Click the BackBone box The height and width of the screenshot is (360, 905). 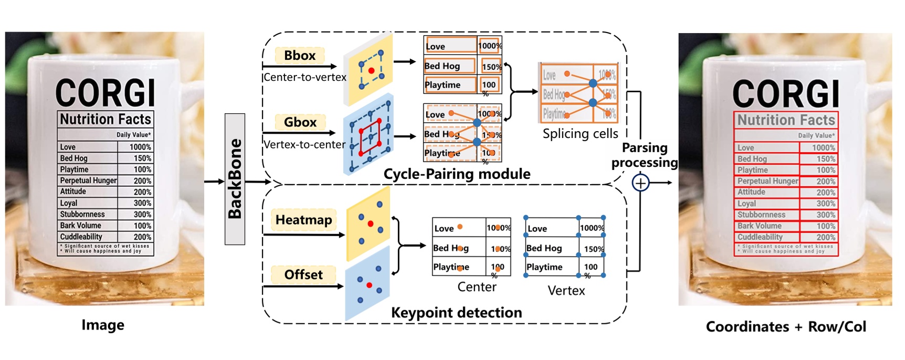pos(235,179)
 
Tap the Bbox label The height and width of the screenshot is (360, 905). pos(300,56)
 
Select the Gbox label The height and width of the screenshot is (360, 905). pos(300,122)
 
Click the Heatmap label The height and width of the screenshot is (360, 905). pos(303,220)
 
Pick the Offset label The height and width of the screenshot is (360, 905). pos(303,274)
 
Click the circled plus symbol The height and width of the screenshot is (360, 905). pos(640,183)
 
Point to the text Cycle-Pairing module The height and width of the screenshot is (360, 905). pos(457,174)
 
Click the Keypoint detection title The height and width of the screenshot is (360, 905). pos(456,312)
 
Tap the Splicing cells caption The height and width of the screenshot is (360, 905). pos(580,134)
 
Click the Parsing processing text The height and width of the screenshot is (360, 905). pos(645,155)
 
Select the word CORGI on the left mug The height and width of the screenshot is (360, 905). pos(106,93)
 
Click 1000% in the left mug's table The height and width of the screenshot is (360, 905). pos(140,147)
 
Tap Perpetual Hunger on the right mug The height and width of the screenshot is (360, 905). pos(767,181)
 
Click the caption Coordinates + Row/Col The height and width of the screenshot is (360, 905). pos(786,326)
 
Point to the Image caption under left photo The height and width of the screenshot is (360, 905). pos(103,325)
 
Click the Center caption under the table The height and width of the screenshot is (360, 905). pos(477,287)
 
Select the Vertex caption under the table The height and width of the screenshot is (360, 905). pos(566,290)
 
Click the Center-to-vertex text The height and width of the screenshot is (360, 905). pos(305,77)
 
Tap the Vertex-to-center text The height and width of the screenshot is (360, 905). pos(304,144)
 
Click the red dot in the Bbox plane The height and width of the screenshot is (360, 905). pos(371,70)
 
